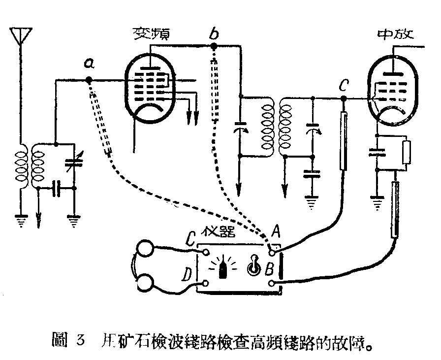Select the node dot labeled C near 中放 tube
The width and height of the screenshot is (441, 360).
click(343, 98)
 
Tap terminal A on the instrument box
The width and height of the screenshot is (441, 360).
click(271, 254)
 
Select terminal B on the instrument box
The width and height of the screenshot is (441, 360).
click(271, 283)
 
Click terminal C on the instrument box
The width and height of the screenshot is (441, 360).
click(205, 254)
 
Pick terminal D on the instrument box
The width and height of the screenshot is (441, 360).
click(205, 283)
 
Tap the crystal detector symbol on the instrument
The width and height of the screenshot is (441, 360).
click(223, 268)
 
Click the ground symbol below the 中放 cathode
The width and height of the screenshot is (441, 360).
click(378, 203)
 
